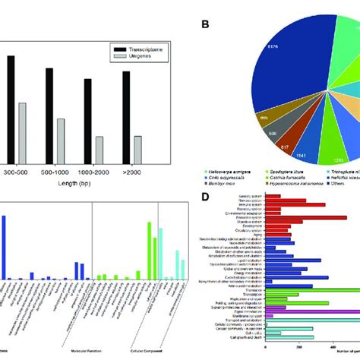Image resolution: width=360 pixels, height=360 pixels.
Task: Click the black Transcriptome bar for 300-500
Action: pos(11,106)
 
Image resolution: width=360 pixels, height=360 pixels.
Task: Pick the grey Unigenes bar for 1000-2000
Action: pos(99,147)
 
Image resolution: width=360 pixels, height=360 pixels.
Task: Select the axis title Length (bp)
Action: pos(73,185)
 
